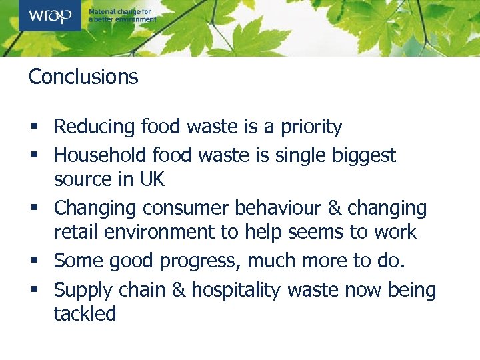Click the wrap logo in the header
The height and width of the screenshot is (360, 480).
point(50,15)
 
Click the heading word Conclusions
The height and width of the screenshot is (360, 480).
point(83,77)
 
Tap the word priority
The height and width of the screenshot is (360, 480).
point(311,127)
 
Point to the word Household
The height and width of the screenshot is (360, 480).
point(101,155)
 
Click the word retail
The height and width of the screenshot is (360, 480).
point(74,232)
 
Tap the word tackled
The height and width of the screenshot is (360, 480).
point(85,313)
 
